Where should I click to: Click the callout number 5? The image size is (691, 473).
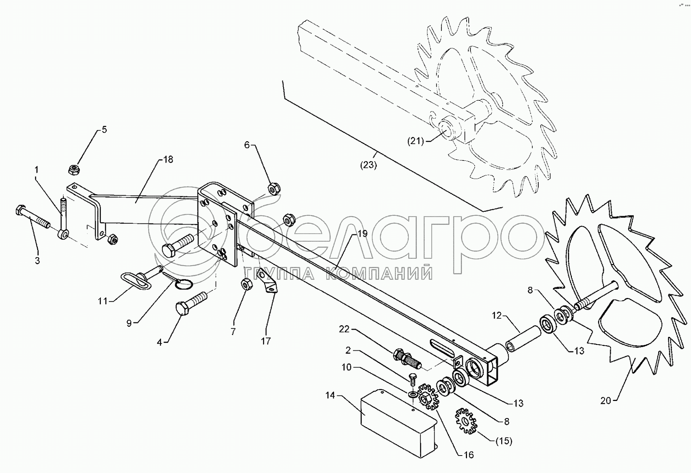pyautogui.click(x=104, y=130)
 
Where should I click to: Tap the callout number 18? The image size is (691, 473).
pyautogui.click(x=168, y=159)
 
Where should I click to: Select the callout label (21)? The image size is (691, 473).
pyautogui.click(x=415, y=141)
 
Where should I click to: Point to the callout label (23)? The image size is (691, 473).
pyautogui.click(x=368, y=165)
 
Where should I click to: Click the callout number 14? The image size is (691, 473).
pyautogui.click(x=330, y=395)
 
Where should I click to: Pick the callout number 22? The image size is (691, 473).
pyautogui.click(x=344, y=329)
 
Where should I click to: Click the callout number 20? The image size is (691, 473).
pyautogui.click(x=605, y=401)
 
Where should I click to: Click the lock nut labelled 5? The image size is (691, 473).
pyautogui.click(x=75, y=169)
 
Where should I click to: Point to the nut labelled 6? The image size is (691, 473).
pyautogui.click(x=274, y=188)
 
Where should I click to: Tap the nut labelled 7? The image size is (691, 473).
pyautogui.click(x=246, y=284)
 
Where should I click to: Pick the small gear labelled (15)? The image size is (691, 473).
pyautogui.click(x=465, y=421)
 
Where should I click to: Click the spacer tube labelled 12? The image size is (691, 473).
pyautogui.click(x=522, y=339)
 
